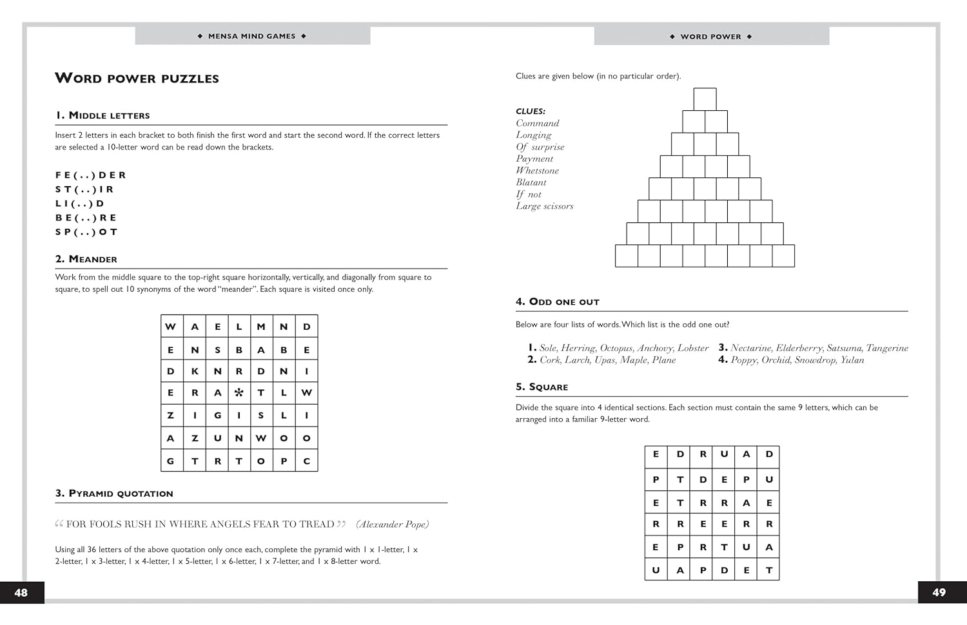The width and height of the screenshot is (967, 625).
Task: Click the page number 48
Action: tap(21, 593)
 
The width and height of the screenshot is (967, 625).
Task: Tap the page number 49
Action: tap(939, 593)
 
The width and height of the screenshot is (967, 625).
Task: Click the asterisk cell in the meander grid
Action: tap(239, 392)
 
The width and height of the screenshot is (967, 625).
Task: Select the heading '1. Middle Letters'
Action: tap(103, 115)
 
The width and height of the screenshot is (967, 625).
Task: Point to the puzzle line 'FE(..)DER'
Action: tap(91, 175)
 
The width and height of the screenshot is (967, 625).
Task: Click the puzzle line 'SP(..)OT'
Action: tap(86, 232)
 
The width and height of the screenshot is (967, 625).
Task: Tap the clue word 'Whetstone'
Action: tap(537, 171)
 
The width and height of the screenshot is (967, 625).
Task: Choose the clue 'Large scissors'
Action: tap(544, 206)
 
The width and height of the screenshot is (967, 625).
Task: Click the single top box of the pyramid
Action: tap(705, 99)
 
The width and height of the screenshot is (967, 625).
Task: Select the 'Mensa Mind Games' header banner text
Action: tap(252, 37)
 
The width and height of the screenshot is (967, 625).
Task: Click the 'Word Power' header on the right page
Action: tap(711, 37)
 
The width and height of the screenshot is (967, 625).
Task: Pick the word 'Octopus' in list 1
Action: tap(616, 348)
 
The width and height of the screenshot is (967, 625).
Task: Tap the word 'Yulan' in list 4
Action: tap(852, 360)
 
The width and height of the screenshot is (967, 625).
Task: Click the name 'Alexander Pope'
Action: tap(392, 524)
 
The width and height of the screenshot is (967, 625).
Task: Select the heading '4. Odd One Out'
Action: tap(558, 302)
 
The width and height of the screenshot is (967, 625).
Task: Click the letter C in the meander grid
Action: tap(307, 461)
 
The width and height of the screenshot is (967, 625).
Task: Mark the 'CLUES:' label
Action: tap(531, 111)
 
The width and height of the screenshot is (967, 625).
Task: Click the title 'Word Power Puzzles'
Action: tap(137, 79)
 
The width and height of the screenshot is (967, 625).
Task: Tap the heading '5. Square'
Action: tap(542, 387)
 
